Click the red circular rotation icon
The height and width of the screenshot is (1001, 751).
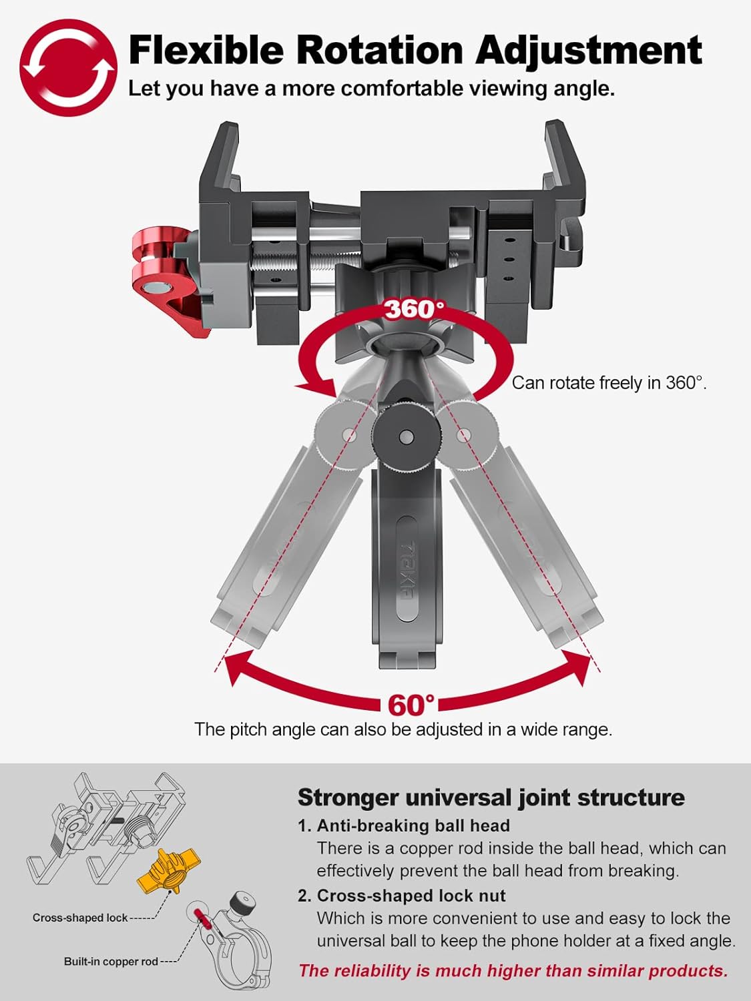(x=68, y=67)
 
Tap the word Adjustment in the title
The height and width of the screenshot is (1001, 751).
(x=589, y=52)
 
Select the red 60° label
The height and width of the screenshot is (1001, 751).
(x=411, y=705)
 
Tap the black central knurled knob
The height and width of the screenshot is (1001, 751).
(x=406, y=438)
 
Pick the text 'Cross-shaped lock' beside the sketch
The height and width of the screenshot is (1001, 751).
(x=80, y=918)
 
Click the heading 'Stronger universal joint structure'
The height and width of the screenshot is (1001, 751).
(x=491, y=797)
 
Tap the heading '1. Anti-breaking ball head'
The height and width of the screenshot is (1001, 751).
(x=404, y=826)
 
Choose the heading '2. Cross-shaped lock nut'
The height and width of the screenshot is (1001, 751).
(x=402, y=896)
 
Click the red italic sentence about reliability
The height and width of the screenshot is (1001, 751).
(x=513, y=971)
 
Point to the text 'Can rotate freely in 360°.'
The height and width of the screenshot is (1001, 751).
(x=609, y=382)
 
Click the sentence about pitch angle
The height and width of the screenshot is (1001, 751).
(x=404, y=729)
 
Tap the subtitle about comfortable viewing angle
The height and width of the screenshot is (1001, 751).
(x=372, y=89)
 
